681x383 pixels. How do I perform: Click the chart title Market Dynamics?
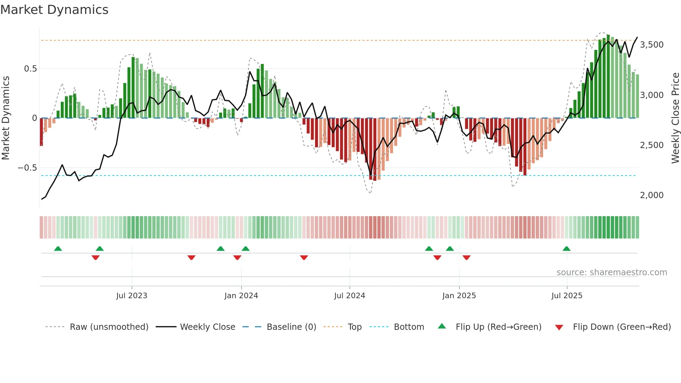(x=54, y=10)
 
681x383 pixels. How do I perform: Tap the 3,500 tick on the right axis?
(x=651, y=45)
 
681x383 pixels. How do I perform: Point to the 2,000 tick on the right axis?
(x=651, y=195)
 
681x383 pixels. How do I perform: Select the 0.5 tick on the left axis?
(x=30, y=69)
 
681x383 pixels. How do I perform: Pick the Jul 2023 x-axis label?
(x=132, y=296)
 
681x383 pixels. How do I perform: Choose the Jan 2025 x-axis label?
(x=459, y=296)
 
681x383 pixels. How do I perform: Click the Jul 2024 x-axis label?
(x=350, y=296)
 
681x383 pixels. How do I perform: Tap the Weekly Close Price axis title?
(x=675, y=118)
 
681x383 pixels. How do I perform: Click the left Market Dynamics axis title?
(x=6, y=118)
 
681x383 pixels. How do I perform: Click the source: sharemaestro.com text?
(x=612, y=272)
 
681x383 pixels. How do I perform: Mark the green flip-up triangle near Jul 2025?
(x=566, y=248)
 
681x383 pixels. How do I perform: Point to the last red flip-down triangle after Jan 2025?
(x=467, y=258)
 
